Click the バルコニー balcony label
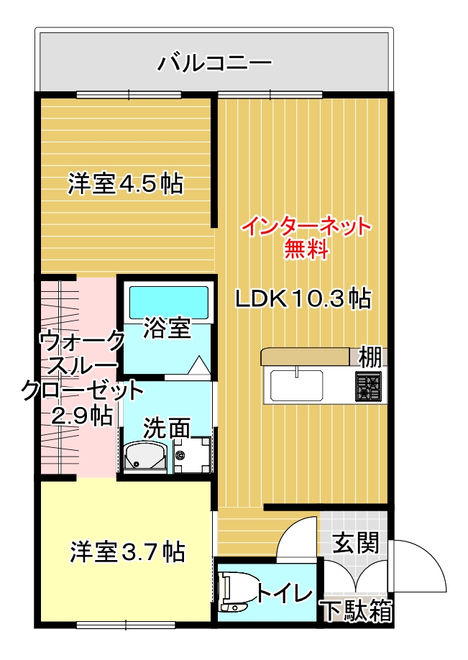215,63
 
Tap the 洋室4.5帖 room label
126,184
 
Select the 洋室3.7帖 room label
127,552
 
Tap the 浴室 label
167,329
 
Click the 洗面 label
167,428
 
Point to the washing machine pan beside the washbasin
192,454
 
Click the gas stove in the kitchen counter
369,385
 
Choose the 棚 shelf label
370,356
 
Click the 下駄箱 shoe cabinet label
357,611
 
